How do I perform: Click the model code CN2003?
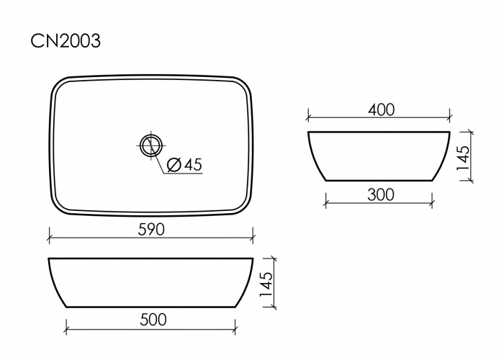[66, 41]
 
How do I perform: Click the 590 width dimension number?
[151, 230]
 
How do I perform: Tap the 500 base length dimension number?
[153, 320]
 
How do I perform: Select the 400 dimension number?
[381, 110]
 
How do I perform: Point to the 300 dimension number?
[381, 195]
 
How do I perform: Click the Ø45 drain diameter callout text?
[185, 165]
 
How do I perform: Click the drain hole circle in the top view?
[151, 146]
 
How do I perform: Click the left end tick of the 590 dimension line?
[49, 238]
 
